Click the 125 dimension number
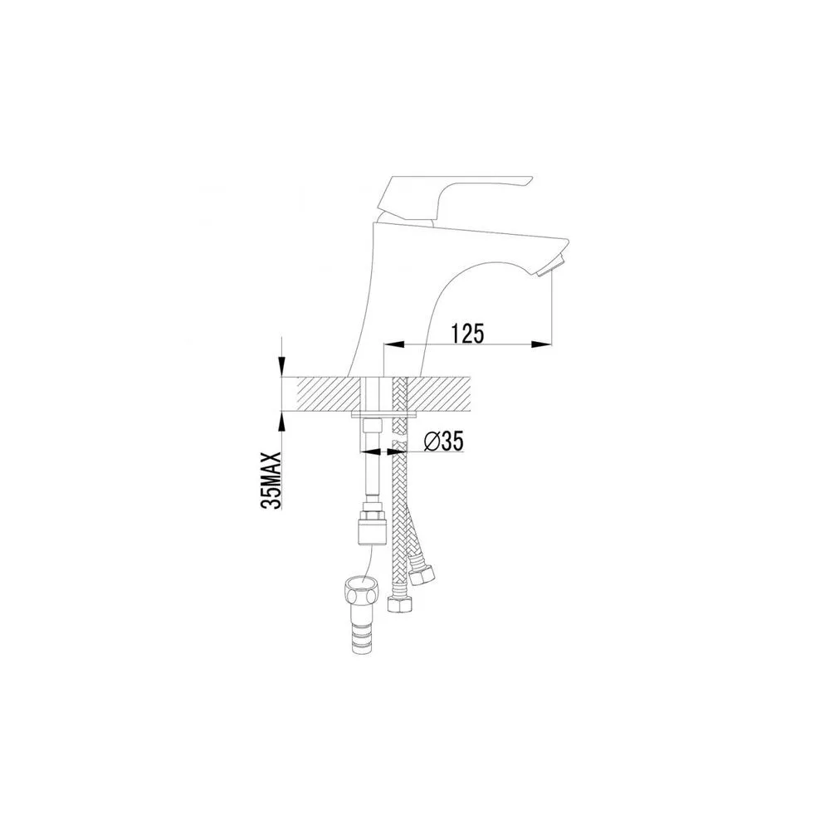coord(467,333)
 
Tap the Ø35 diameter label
coord(443,441)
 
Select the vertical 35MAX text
coord(271,480)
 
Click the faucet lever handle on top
coord(454,198)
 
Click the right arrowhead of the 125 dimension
coord(541,344)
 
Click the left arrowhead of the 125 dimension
coord(393,344)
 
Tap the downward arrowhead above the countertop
coord(282,366)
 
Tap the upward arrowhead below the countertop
coord(282,422)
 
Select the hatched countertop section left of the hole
coord(329,393)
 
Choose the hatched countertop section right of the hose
coord(439,393)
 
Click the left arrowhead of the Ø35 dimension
coord(370,452)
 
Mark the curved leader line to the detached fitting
coord(370,563)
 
